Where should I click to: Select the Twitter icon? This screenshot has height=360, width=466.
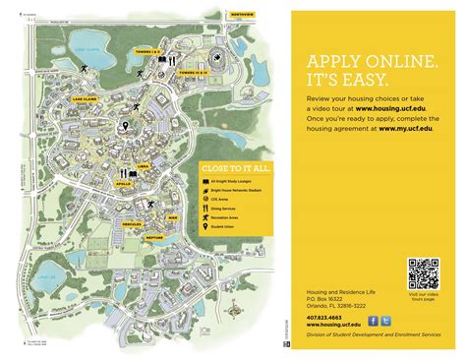click(385, 320)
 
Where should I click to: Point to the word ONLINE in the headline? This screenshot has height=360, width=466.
click(392, 61)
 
